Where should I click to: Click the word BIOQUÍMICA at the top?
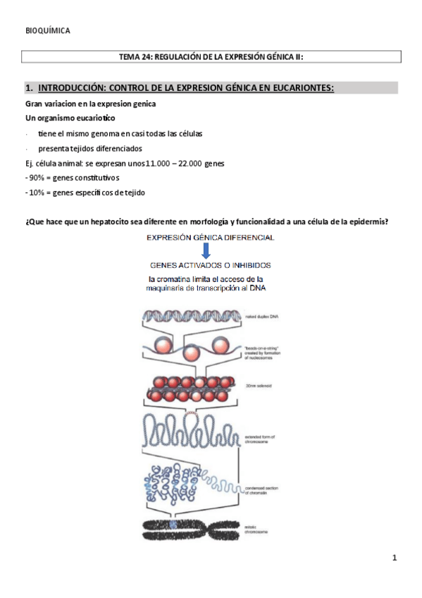[x=47, y=31]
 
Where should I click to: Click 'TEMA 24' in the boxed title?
[x=138, y=56]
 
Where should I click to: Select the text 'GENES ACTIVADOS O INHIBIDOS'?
[x=210, y=266]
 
